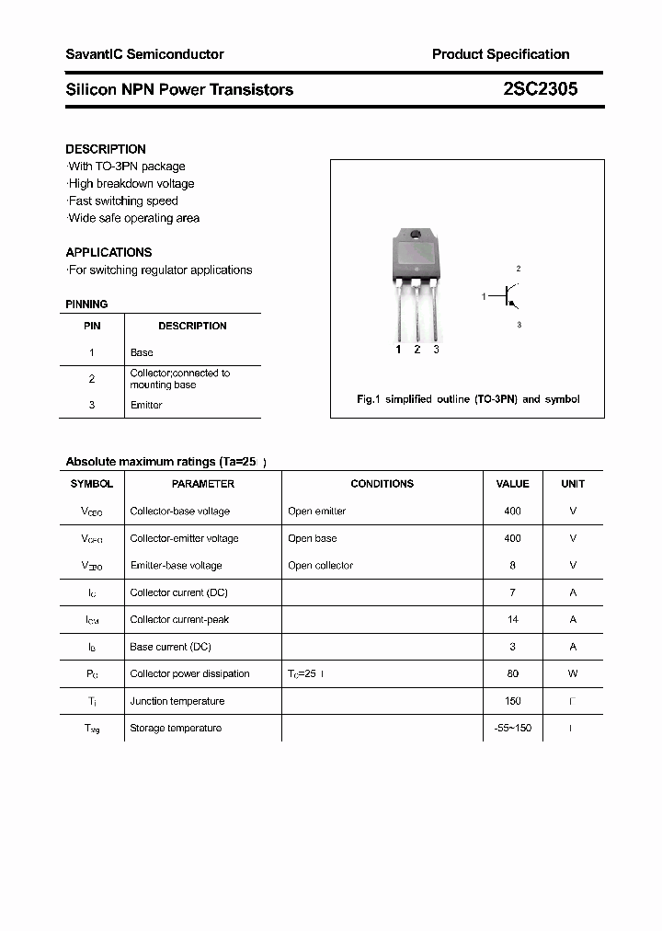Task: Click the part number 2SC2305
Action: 541,89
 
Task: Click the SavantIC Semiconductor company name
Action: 144,54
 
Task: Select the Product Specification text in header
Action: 500,54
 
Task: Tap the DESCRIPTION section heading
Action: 106,149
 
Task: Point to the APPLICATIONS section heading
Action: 108,252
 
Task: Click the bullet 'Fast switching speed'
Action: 123,201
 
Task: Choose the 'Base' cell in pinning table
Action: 142,352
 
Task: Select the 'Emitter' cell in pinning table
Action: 146,405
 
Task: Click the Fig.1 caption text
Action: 467,399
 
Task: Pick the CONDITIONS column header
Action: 382,484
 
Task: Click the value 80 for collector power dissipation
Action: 512,673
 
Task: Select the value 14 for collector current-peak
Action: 512,619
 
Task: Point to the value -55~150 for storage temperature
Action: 512,728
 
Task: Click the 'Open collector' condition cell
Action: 320,565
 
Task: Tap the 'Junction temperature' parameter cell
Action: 177,701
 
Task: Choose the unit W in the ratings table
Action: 573,673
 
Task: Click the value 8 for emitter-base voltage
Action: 512,565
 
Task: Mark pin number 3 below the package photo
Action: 436,350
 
